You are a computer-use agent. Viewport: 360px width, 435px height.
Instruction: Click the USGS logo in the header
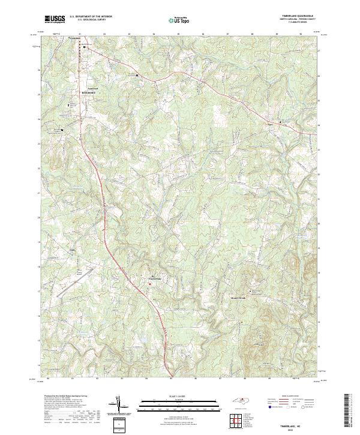55,19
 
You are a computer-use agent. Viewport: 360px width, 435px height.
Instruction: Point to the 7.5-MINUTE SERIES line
292,23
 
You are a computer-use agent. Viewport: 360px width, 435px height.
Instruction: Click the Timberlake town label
154,279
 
